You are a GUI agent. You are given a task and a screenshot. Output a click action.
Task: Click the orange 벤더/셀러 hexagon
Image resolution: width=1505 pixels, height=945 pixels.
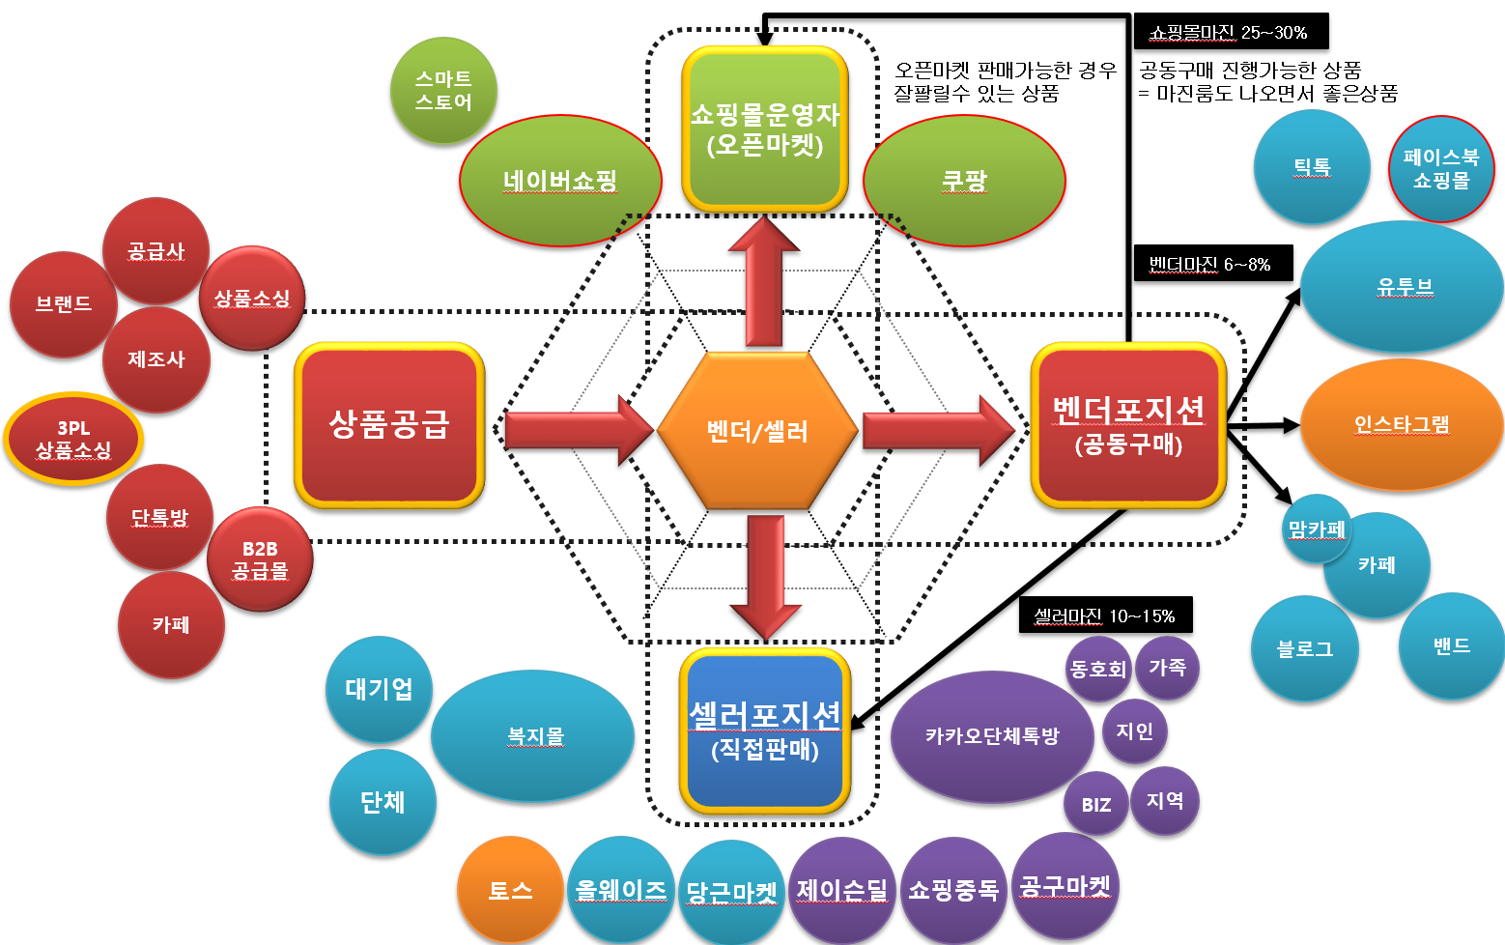(x=757, y=430)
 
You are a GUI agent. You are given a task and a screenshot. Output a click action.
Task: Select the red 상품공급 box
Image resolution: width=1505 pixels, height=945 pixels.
(x=389, y=424)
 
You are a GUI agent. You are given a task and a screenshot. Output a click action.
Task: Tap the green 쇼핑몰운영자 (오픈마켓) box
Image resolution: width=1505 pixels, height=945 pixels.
(x=764, y=129)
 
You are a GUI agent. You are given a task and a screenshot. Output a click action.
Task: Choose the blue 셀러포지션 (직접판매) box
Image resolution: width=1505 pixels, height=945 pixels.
(x=765, y=731)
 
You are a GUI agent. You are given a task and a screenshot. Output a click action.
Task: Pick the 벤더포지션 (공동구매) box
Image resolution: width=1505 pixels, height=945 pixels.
(x=1128, y=425)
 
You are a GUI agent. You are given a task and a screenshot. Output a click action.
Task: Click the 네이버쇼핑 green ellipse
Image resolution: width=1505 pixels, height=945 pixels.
(x=560, y=181)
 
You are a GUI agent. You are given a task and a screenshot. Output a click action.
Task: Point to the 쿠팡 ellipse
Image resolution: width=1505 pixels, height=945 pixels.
(x=964, y=181)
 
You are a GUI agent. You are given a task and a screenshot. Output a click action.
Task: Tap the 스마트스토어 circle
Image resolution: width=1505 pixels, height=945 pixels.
(x=443, y=90)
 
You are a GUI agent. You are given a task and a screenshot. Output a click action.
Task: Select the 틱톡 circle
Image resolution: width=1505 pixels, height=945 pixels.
(x=1312, y=166)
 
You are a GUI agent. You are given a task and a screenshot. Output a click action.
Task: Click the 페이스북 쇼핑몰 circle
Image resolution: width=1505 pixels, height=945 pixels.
(x=1441, y=169)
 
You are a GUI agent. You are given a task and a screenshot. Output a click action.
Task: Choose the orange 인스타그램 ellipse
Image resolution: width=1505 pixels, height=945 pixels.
(x=1402, y=424)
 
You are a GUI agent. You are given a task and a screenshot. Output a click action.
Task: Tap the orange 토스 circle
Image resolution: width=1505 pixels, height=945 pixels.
(x=510, y=890)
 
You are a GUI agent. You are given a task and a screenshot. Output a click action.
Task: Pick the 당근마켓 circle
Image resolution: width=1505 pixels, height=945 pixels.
(x=731, y=891)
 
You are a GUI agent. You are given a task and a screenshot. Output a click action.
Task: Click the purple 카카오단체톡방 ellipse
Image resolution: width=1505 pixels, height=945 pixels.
(x=992, y=736)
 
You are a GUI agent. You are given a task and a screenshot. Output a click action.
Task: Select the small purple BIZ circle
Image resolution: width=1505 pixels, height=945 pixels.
(x=1096, y=804)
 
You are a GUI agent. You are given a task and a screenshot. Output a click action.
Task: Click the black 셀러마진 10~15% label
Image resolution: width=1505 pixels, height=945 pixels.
(x=1104, y=616)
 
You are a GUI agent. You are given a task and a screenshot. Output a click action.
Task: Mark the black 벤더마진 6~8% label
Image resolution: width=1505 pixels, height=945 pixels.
(x=1211, y=264)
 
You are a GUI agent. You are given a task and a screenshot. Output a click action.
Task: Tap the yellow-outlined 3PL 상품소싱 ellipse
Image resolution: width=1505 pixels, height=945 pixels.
(x=73, y=439)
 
